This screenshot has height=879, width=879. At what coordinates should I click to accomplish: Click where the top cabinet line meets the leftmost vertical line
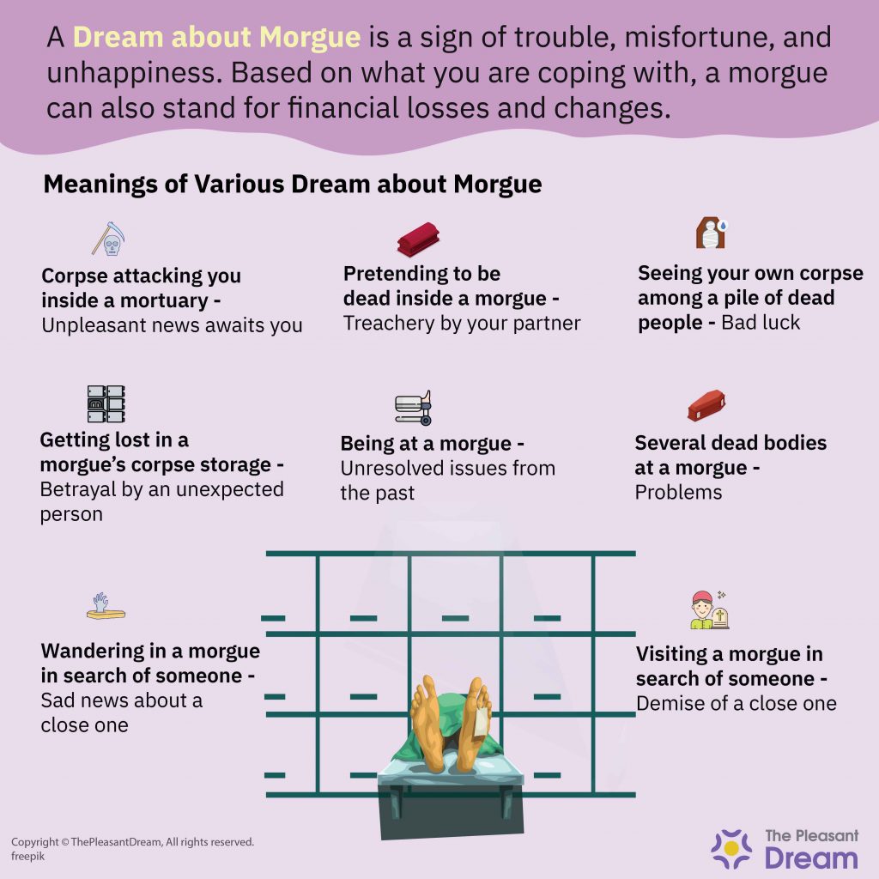[x=318, y=554]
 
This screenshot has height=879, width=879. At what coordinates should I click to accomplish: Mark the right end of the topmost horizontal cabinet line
[x=635, y=554]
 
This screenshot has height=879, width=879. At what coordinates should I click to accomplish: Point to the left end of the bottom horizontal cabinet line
[x=267, y=794]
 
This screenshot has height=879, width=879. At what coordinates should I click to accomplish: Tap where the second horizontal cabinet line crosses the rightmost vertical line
[x=593, y=634]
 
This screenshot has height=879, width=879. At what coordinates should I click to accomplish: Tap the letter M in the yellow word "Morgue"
[x=271, y=37]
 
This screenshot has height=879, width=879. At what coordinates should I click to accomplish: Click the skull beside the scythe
[x=112, y=246]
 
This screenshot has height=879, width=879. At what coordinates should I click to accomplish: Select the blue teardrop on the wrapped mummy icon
[x=723, y=226]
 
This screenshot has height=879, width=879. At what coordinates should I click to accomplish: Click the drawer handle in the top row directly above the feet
[x=455, y=618]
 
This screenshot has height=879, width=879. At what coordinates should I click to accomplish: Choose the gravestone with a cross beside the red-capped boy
[x=720, y=618]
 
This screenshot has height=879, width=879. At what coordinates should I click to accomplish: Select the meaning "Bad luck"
[x=761, y=323]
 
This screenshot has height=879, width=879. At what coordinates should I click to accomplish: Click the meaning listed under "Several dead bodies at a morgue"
[x=678, y=492]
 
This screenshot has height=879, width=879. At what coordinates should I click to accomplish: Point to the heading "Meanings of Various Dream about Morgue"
[x=293, y=185]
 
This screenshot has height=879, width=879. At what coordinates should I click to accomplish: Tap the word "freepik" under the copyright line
[x=27, y=857]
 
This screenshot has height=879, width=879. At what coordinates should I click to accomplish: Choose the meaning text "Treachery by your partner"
[x=462, y=324]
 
